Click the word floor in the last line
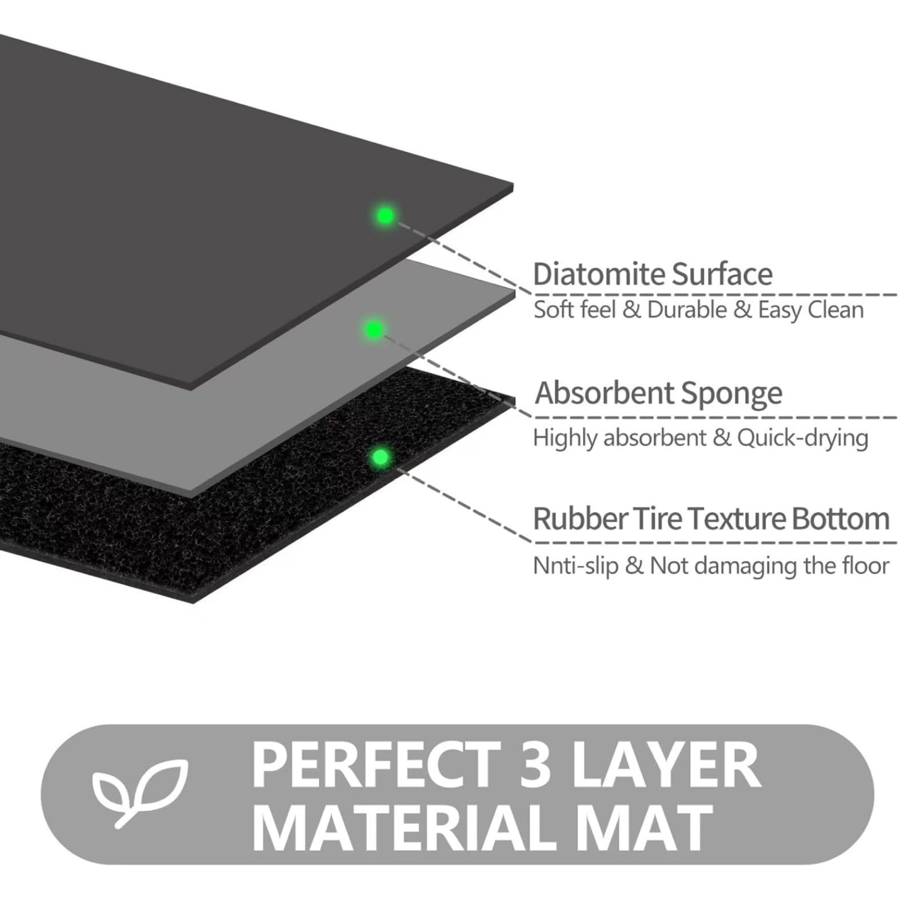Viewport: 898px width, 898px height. (x=870, y=566)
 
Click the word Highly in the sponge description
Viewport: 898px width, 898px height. (x=565, y=439)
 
